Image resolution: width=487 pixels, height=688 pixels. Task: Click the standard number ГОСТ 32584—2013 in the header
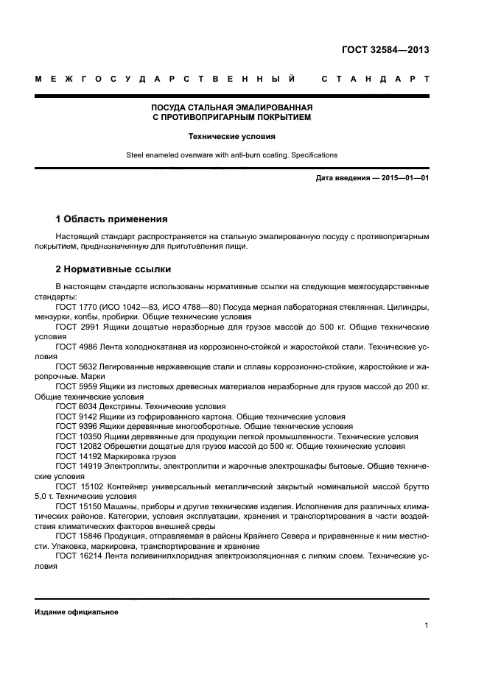[385, 51]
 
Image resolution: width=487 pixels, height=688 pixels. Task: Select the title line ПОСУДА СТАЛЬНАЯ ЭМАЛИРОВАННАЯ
[231, 107]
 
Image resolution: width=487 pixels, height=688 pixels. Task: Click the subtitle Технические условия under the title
[231, 136]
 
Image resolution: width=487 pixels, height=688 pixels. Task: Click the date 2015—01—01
[404, 178]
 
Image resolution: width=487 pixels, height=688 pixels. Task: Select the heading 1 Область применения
[111, 219]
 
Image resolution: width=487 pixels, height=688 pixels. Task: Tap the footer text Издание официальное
[77, 612]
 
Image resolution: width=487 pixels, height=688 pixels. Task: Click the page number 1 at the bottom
[427, 625]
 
